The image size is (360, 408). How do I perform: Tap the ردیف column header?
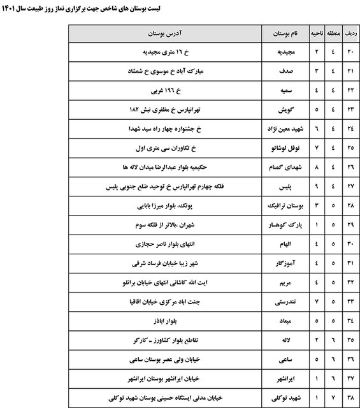349,32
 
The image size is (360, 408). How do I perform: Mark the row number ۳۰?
349,245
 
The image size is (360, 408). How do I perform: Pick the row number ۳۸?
349,397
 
